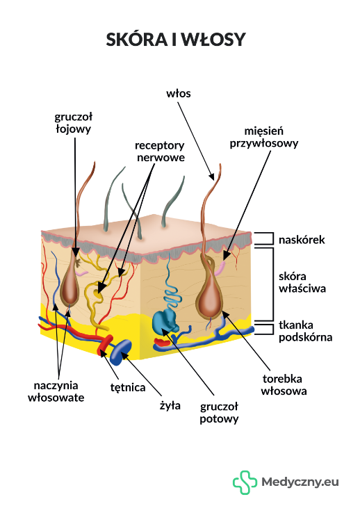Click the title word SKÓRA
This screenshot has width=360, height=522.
click(137, 40)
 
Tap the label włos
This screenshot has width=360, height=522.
click(179, 94)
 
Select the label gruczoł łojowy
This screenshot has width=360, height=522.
click(73, 123)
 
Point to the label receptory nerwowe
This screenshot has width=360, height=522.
click(160, 152)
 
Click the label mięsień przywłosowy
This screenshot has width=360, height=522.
click(264, 137)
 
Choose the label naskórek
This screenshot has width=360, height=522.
click(302, 240)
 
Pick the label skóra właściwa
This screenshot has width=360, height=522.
click(302, 282)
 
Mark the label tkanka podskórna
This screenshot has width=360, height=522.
click(305, 332)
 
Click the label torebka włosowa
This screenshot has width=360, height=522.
click(284, 385)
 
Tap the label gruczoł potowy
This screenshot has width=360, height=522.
click(219, 412)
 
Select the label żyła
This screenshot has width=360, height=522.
click(170, 405)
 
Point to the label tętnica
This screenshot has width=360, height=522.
click(128, 388)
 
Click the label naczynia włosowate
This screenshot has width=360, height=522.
click(56, 391)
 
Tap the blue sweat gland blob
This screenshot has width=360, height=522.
click(165, 321)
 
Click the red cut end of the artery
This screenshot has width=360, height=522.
click(106, 345)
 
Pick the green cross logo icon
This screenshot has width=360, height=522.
click(245, 482)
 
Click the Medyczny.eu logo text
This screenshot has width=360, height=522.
click(300, 482)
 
